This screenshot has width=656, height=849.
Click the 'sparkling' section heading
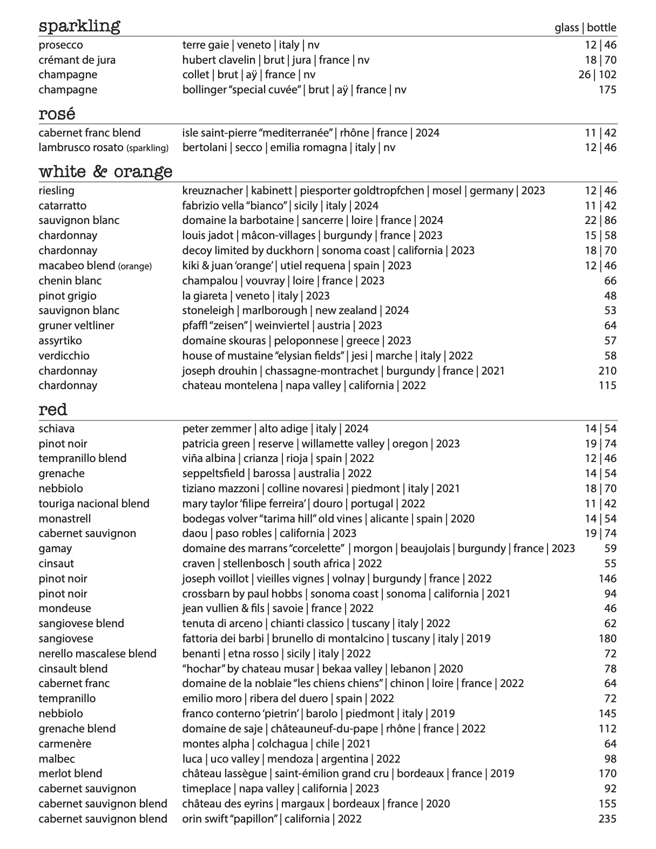pyautogui.click(x=79, y=26)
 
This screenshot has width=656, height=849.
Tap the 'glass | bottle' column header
pyautogui.click(x=585, y=28)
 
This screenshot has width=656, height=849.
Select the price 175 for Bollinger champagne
pyautogui.click(x=607, y=90)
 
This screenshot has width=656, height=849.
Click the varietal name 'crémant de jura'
pyautogui.click(x=77, y=60)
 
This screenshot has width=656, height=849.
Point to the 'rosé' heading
pyautogui.click(x=57, y=114)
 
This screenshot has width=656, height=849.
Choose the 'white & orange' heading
pyautogui.click(x=105, y=172)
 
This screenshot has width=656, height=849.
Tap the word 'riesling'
pyautogui.click(x=56, y=191)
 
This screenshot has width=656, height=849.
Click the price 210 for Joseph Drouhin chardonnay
pyautogui.click(x=607, y=371)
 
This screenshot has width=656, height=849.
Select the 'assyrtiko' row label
pyautogui.click(x=60, y=341)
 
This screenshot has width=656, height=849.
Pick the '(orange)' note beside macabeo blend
pyautogui.click(x=135, y=266)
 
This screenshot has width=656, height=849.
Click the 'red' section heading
pyautogui.click(x=53, y=410)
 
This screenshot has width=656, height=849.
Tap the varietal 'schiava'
pyautogui.click(x=56, y=429)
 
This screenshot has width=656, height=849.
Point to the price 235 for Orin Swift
pyautogui.click(x=607, y=819)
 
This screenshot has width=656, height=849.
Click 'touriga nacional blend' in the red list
pyautogui.click(x=93, y=504)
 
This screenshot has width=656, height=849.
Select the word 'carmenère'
pyautogui.click(x=65, y=744)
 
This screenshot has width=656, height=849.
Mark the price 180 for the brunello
pyautogui.click(x=607, y=639)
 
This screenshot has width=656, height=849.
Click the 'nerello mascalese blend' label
pyautogui.click(x=97, y=654)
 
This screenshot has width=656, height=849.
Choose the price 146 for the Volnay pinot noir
pyautogui.click(x=607, y=579)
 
